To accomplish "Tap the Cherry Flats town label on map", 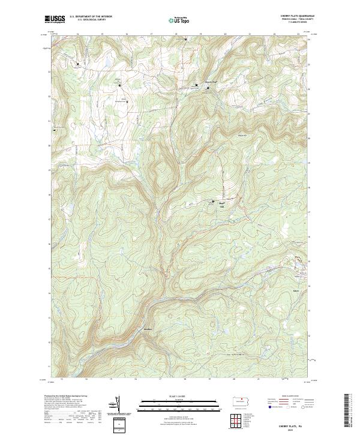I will coord(210,82).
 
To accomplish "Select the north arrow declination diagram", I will coord(118,406).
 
